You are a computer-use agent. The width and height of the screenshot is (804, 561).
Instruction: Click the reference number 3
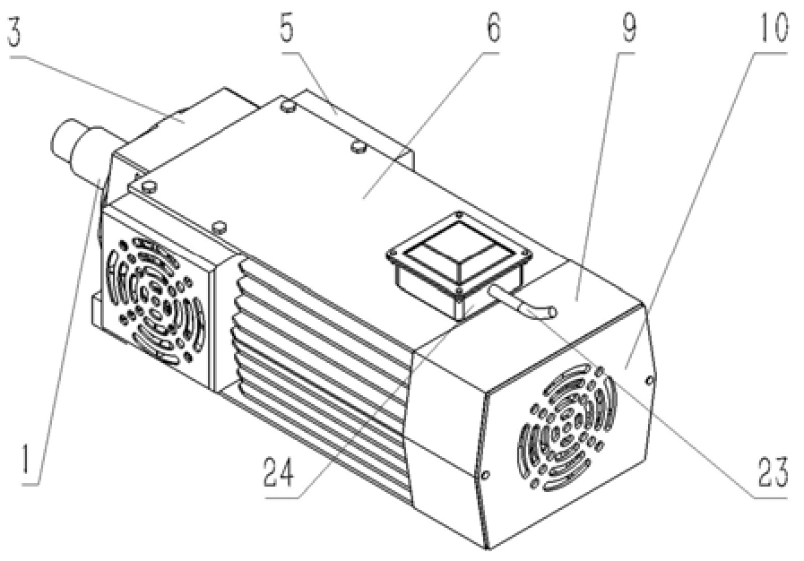[14, 31]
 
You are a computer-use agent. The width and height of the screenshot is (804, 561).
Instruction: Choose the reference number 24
[280, 471]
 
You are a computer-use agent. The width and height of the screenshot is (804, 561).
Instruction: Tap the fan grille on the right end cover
[567, 427]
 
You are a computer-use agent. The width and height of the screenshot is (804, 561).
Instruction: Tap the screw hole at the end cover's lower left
[485, 475]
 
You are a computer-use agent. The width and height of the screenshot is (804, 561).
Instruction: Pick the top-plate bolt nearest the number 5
[289, 106]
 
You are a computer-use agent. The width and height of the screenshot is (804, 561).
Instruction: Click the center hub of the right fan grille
[567, 428]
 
